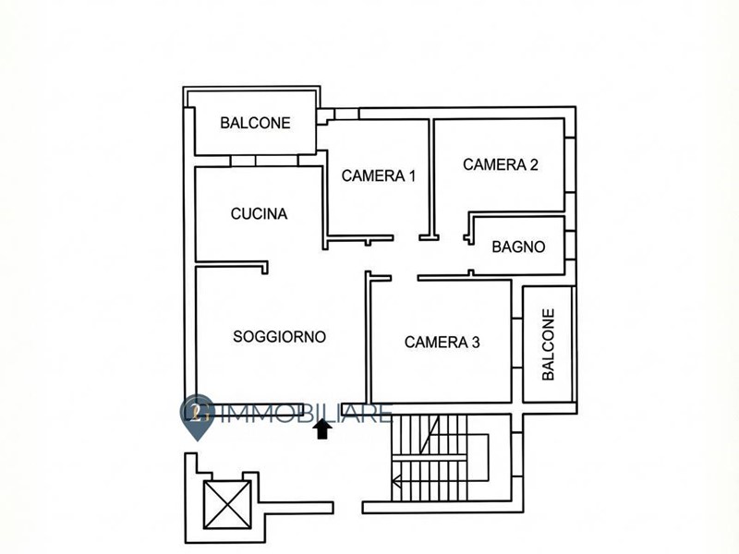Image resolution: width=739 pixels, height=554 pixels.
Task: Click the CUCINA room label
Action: pyautogui.click(x=259, y=214)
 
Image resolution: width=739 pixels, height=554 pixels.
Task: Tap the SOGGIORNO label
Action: pyautogui.click(x=280, y=337)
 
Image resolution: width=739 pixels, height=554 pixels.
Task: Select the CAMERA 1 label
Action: pyautogui.click(x=379, y=175)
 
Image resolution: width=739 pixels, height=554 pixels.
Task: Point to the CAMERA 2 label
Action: pyautogui.click(x=500, y=164)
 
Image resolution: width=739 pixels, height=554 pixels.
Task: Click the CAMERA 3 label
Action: pyautogui.click(x=442, y=342)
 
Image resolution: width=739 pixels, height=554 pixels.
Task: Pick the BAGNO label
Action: pyautogui.click(x=518, y=247)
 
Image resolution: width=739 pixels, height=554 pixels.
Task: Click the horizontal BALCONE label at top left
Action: pyautogui.click(x=255, y=123)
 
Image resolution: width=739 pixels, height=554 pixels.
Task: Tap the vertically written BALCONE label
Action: pyautogui.click(x=548, y=344)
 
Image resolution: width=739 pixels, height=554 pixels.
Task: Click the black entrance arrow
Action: pyautogui.click(x=322, y=429)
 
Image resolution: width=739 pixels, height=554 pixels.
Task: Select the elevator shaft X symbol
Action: pyautogui.click(x=227, y=504)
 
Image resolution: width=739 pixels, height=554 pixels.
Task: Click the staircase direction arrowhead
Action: pyautogui.click(x=396, y=481)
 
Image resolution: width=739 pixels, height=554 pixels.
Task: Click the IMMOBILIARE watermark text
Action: pyautogui.click(x=306, y=414)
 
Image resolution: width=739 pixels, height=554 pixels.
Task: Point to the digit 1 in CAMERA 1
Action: pyautogui.click(x=412, y=175)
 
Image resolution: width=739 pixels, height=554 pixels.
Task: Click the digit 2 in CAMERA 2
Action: pyautogui.click(x=534, y=164)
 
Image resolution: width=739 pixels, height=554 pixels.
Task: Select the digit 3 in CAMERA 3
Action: pyautogui.click(x=476, y=342)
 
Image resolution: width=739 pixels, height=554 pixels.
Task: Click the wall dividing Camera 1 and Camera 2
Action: pyautogui.click(x=430, y=179)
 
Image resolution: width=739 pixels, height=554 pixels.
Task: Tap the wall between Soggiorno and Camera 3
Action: pyautogui.click(x=369, y=338)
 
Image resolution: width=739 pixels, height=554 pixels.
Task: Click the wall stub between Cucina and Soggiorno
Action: pyautogui.click(x=232, y=264)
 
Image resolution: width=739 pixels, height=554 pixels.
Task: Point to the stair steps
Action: pyautogui.click(x=430, y=457)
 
